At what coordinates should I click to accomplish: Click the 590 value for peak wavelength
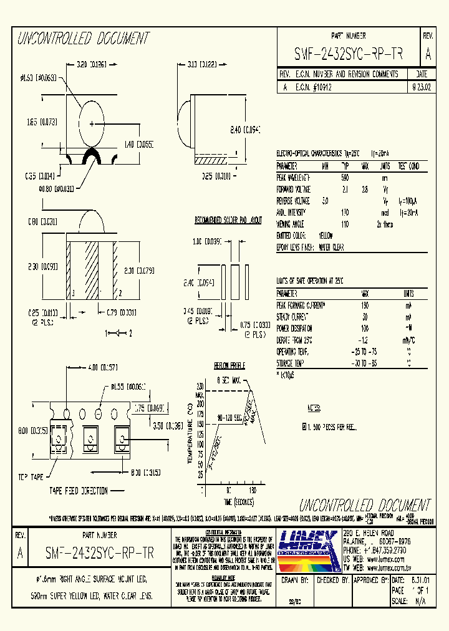point(345,178)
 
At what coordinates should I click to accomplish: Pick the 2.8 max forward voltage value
point(365,189)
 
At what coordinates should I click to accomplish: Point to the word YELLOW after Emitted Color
point(326,235)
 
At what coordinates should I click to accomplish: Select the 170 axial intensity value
point(345,212)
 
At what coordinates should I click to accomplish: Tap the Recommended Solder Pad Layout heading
point(228,221)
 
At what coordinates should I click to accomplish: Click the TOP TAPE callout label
point(31,477)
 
